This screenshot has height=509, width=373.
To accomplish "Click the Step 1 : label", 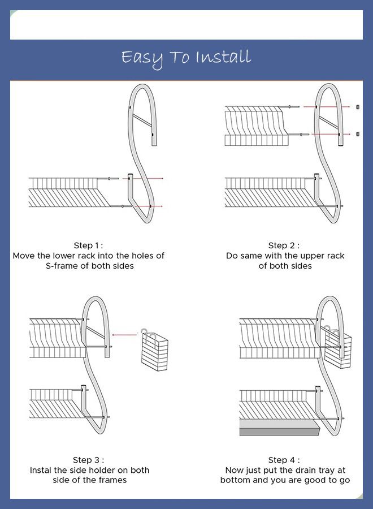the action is (x=88, y=245).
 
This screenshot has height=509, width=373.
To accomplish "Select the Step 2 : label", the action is (x=284, y=245).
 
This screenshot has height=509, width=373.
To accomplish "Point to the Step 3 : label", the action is (x=88, y=460).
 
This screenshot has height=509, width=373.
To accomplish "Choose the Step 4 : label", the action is (x=284, y=460).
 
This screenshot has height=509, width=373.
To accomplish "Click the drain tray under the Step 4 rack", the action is (x=280, y=427).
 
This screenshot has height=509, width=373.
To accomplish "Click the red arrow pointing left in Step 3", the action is (x=124, y=335).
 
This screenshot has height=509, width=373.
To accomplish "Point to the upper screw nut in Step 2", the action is (x=358, y=107).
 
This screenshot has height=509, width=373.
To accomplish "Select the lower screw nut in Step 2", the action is (x=358, y=133).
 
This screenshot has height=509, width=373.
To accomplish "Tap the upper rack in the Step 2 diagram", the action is (x=257, y=126).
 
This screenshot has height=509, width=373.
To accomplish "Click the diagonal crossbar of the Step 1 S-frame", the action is (x=142, y=120).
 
